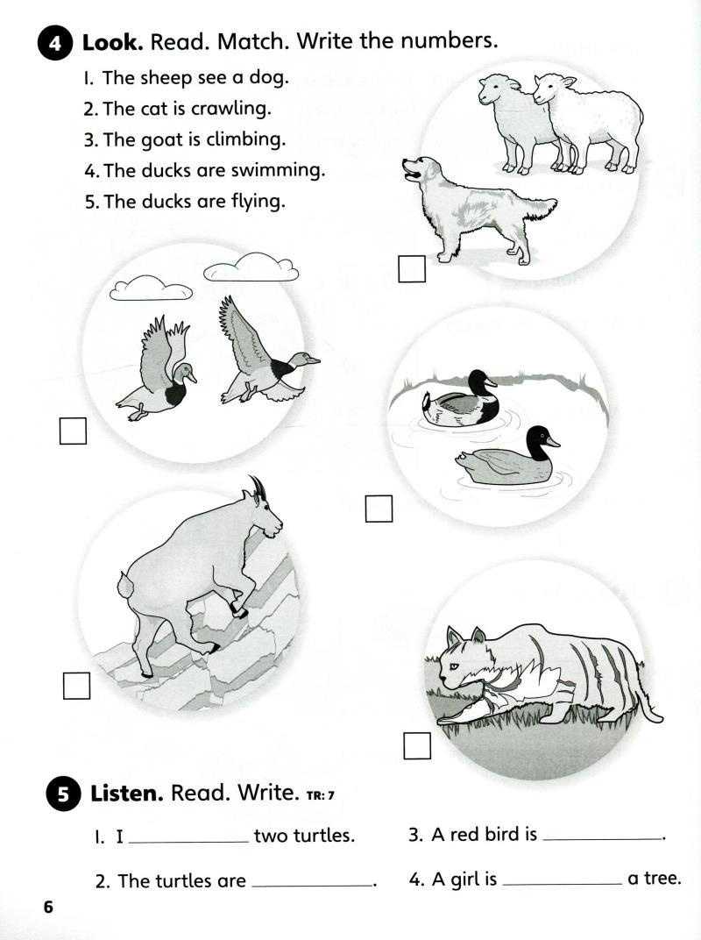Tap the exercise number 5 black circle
pyautogui.click(x=62, y=795)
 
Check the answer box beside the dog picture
pyautogui.click(x=411, y=268)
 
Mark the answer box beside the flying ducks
pyautogui.click(x=73, y=431)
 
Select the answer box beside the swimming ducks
pyautogui.click(x=379, y=509)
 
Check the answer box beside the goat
pyautogui.click(x=77, y=685)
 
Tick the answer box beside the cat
pyautogui.click(x=417, y=744)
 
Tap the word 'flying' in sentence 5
pyautogui.click(x=255, y=201)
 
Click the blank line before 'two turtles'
pyautogui.click(x=188, y=842)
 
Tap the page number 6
pyautogui.click(x=48, y=907)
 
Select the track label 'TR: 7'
pyautogui.click(x=321, y=796)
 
